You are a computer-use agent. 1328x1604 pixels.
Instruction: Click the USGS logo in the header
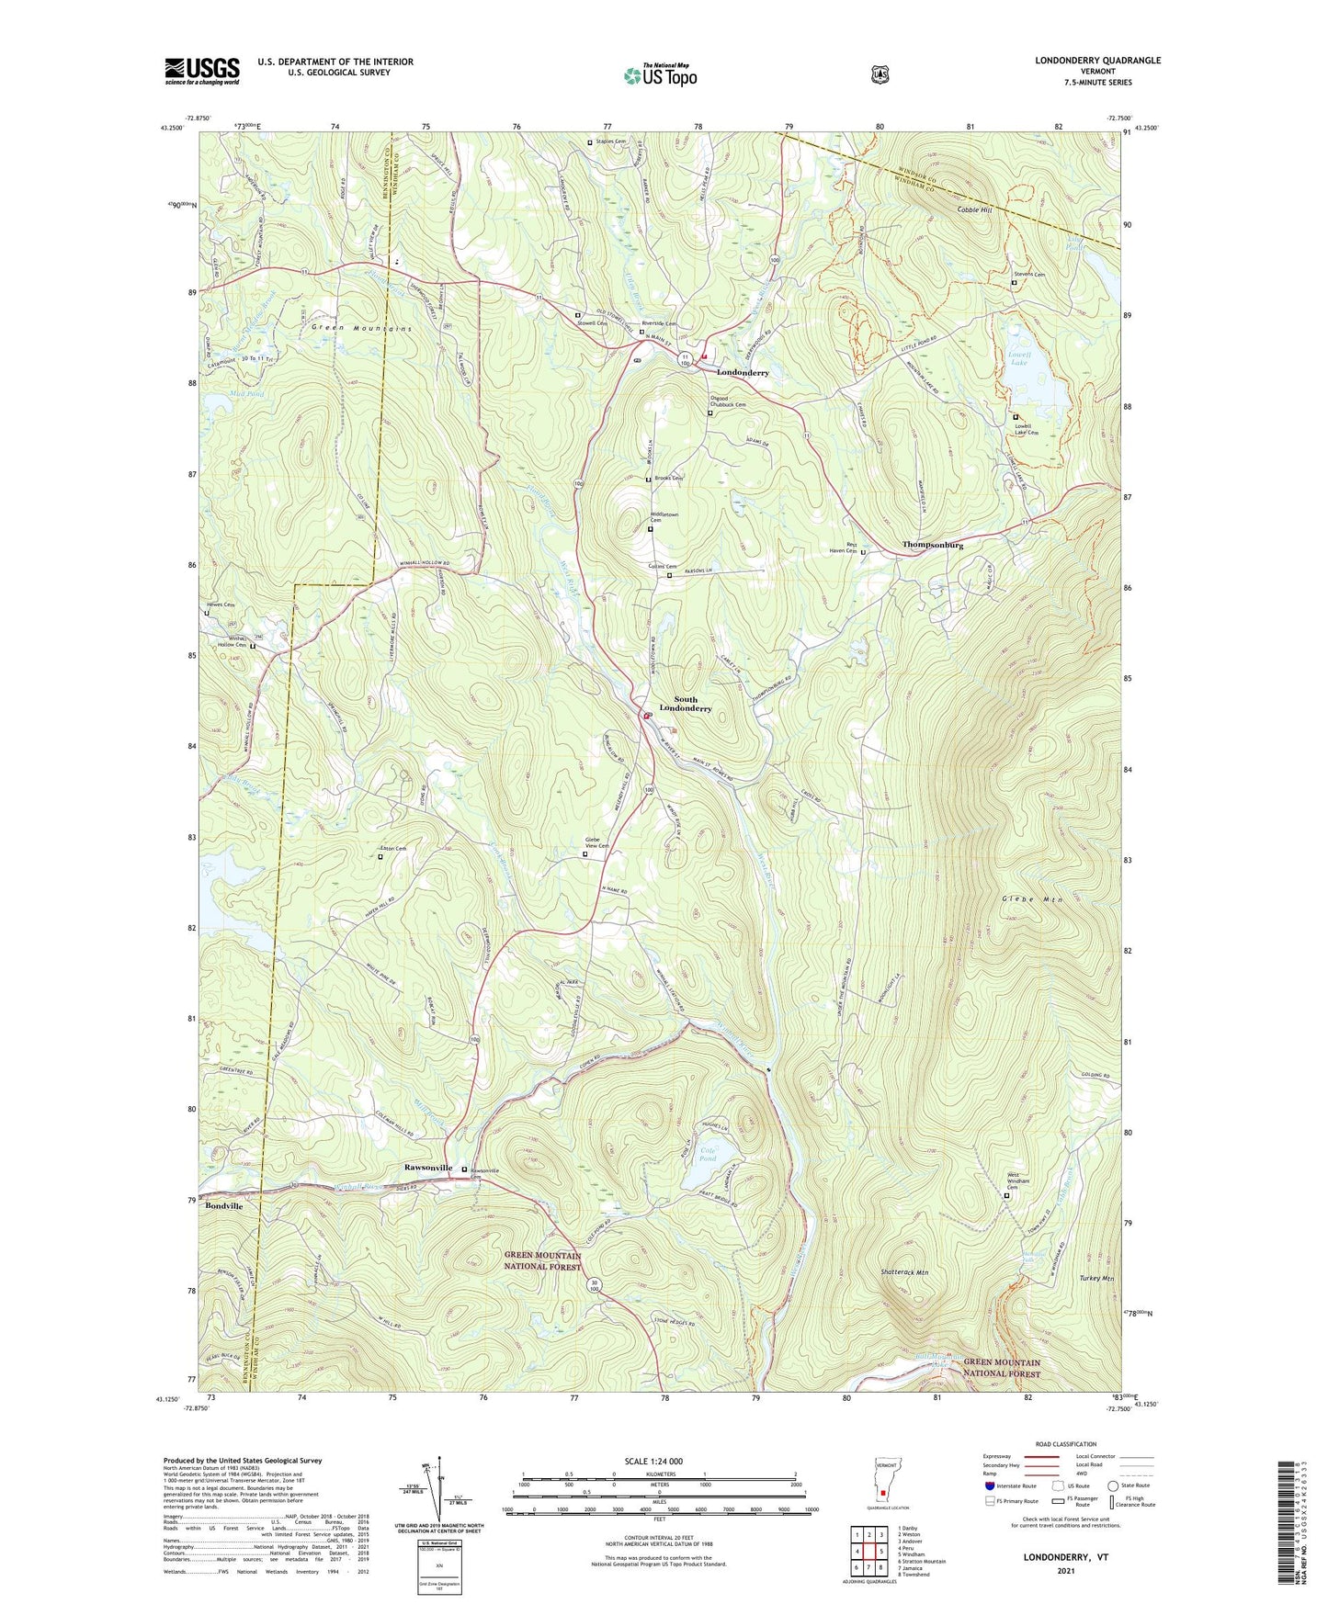coord(202,71)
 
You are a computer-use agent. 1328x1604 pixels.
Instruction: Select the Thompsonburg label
coord(932,545)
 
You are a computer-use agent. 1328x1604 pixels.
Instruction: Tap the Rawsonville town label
coord(428,1168)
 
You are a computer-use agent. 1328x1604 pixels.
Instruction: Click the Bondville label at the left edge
coord(224,1205)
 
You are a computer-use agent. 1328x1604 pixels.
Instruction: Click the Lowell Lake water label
coord(1020,359)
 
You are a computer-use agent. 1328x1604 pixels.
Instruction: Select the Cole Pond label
coord(708,1154)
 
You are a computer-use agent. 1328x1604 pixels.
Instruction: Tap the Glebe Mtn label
coord(1032,900)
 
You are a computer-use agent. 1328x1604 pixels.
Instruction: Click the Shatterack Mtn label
coord(903,1273)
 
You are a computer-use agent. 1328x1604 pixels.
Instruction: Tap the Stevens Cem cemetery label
coord(1029,275)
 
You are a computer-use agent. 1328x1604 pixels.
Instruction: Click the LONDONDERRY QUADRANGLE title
coord(1097,61)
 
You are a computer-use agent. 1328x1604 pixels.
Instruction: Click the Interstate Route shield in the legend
coord(989,1485)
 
